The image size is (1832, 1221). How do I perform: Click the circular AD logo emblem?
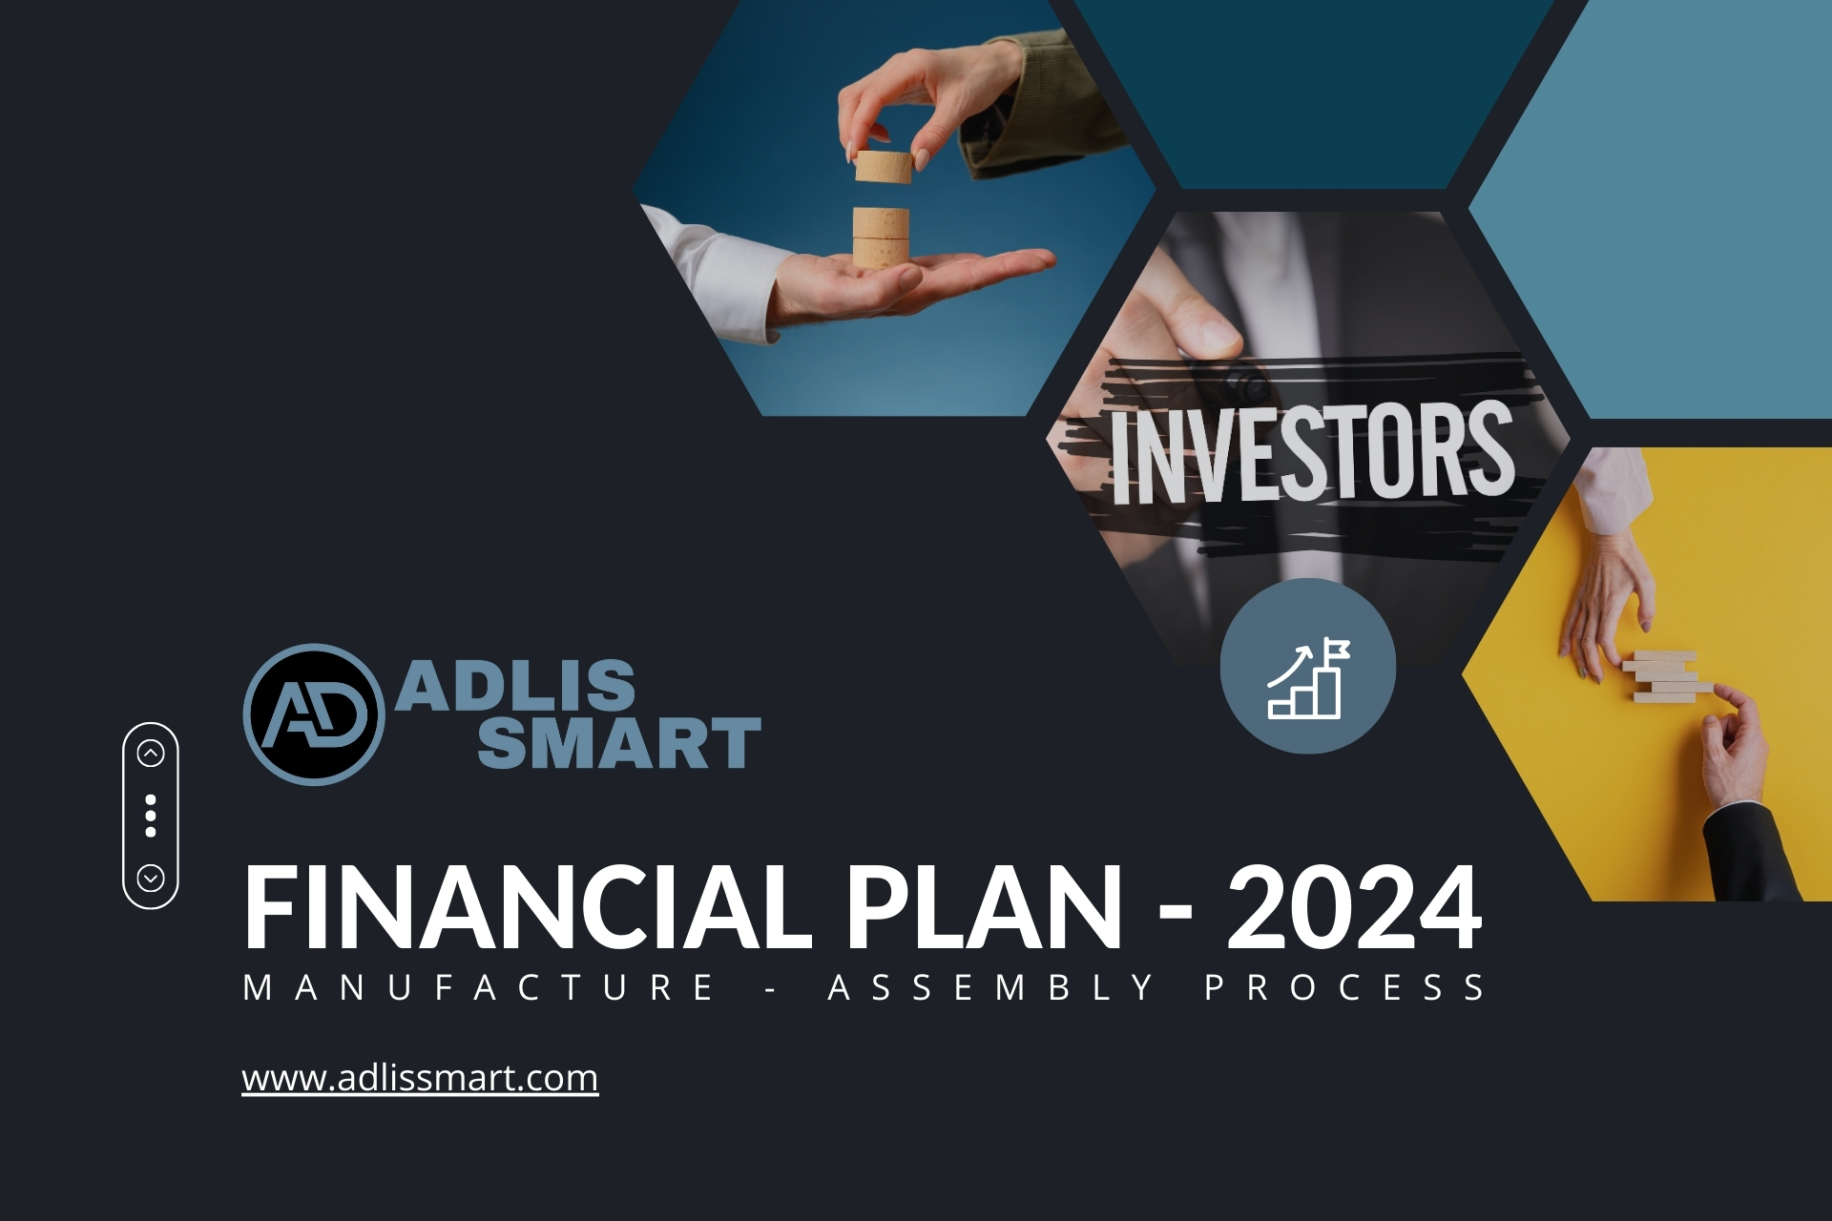click(314, 714)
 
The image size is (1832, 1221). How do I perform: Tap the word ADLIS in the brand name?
click(515, 685)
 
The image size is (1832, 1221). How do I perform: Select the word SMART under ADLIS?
click(619, 743)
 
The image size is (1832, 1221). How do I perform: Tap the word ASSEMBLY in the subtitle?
click(991, 987)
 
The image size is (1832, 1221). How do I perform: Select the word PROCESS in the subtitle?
click(1344, 987)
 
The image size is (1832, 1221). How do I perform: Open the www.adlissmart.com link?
click(420, 1078)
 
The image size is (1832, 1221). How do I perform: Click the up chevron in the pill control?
click(151, 754)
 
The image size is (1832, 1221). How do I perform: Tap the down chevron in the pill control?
click(151, 878)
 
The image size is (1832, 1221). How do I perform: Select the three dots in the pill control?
click(151, 816)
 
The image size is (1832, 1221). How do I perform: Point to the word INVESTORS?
click(1312, 452)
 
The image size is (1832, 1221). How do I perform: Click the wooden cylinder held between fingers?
click(884, 166)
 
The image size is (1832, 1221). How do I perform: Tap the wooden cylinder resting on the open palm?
click(881, 238)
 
